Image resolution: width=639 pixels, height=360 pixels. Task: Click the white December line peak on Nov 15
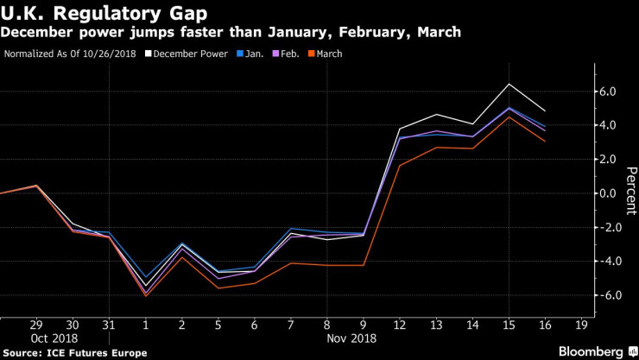(x=509, y=84)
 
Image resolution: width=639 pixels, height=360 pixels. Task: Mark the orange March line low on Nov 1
(x=146, y=296)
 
